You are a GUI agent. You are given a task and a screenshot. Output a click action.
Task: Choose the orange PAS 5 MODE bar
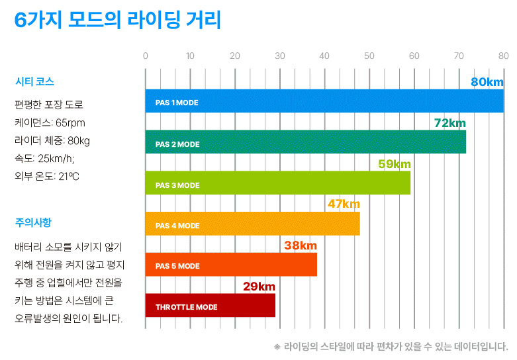(x=231, y=265)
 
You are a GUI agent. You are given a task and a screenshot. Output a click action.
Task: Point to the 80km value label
(x=487, y=82)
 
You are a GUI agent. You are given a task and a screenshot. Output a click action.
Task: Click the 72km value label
(x=449, y=123)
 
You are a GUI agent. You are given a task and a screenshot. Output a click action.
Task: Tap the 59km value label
(x=395, y=163)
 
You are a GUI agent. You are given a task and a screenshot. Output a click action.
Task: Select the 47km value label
(x=344, y=204)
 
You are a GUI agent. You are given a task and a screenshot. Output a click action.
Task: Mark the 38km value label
(x=301, y=246)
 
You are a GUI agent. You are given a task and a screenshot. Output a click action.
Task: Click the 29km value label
(x=259, y=287)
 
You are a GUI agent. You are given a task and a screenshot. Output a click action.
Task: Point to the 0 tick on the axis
(x=146, y=56)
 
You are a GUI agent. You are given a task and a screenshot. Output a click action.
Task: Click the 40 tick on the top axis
(x=324, y=56)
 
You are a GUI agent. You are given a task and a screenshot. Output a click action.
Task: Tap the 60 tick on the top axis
(x=414, y=56)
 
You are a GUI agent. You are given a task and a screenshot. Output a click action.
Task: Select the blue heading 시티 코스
(x=34, y=82)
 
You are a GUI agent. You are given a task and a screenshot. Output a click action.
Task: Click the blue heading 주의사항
(x=32, y=222)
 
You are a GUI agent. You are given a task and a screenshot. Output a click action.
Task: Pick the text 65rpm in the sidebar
(x=70, y=122)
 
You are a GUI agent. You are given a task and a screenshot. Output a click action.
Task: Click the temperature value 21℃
(x=68, y=176)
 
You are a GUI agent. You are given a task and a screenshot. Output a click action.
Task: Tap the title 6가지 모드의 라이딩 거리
(x=117, y=21)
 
